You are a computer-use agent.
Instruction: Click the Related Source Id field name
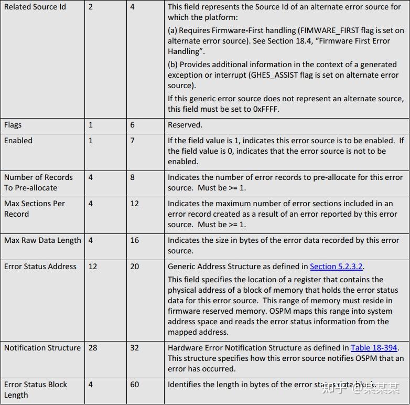click(x=35, y=7)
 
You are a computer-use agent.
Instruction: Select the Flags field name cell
click(x=13, y=125)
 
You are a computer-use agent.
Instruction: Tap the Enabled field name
click(x=18, y=141)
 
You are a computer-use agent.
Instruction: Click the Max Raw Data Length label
click(x=42, y=240)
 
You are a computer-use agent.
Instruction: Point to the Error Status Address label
click(x=40, y=267)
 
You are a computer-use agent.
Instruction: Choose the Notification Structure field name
click(x=42, y=348)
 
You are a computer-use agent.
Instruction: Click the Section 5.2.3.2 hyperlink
click(x=337, y=267)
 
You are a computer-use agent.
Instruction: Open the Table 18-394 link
click(x=374, y=348)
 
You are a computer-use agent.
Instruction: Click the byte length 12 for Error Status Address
click(x=93, y=267)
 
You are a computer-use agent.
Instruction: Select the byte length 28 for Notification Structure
click(x=93, y=348)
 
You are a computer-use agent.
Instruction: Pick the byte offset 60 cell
click(x=135, y=385)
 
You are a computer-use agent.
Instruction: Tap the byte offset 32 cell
click(x=135, y=348)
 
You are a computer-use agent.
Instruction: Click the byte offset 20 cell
click(x=135, y=267)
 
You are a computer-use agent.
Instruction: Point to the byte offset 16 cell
click(x=135, y=240)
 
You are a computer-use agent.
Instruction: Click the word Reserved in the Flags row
click(x=185, y=125)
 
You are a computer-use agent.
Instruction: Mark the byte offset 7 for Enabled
click(x=133, y=141)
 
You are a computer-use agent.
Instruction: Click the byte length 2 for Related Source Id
click(x=91, y=7)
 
